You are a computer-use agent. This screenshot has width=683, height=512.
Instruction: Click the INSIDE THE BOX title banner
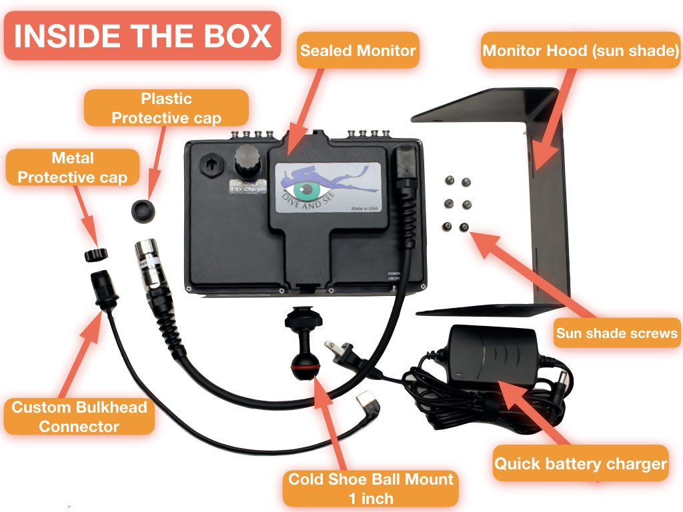pos(142,36)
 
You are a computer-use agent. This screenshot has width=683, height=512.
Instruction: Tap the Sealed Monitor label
pos(358,50)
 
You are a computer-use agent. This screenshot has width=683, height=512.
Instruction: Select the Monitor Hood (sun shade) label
pos(580,50)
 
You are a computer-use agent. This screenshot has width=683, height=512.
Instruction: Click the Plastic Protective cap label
pos(166,108)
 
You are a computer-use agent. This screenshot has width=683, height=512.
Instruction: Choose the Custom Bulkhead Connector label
pos(79,416)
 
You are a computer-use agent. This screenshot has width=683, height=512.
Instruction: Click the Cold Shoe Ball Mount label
pos(371,488)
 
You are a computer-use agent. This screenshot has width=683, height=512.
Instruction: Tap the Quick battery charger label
pos(580,463)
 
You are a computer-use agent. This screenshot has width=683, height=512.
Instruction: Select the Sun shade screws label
pos(617,333)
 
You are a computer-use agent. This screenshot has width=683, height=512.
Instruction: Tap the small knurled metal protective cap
pos(98,253)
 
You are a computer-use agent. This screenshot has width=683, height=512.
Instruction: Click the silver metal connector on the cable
pos(147,263)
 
